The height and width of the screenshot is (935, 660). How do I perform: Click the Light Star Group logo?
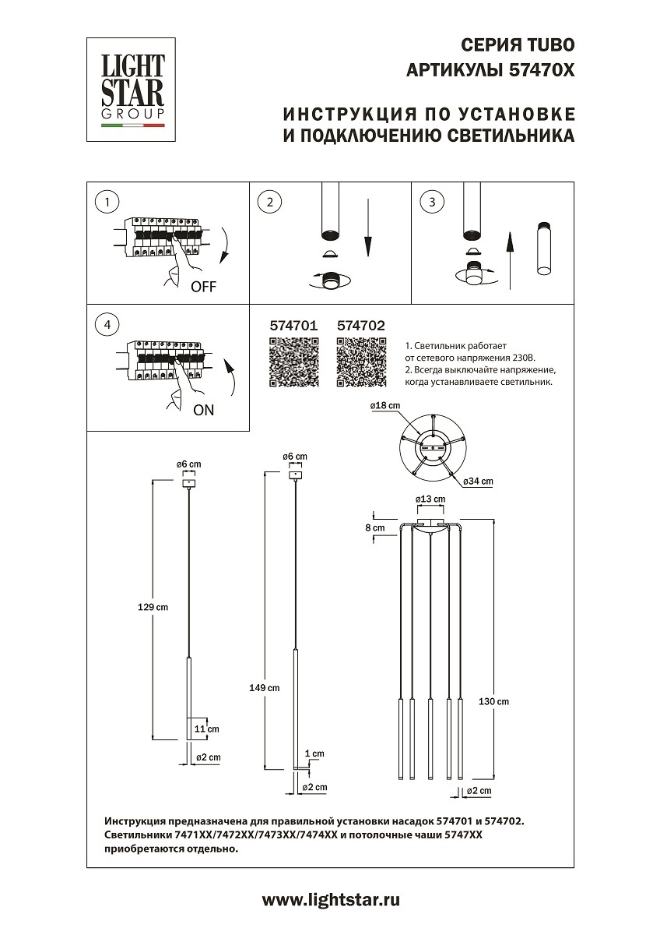click(x=132, y=88)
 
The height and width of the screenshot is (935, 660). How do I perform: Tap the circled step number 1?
click(x=107, y=202)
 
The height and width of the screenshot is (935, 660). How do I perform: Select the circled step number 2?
click(x=269, y=202)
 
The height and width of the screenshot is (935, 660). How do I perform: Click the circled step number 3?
click(x=432, y=202)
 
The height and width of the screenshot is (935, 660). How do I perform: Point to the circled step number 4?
click(x=107, y=324)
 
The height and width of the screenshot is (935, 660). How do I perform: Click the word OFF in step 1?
click(x=203, y=286)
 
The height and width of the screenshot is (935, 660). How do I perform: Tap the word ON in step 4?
click(x=203, y=410)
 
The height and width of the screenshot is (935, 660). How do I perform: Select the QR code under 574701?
click(x=293, y=364)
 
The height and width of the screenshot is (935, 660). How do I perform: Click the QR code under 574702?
click(x=361, y=364)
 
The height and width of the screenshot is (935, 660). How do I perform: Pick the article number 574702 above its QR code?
click(x=361, y=327)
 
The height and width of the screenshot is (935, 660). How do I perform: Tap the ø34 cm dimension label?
click(x=478, y=482)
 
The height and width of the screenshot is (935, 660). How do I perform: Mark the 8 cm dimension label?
click(x=375, y=528)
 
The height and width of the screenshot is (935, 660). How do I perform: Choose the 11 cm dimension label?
click(x=208, y=729)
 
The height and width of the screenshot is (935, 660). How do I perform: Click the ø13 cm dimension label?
click(x=430, y=499)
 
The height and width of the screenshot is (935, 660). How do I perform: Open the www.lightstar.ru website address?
click(x=330, y=900)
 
